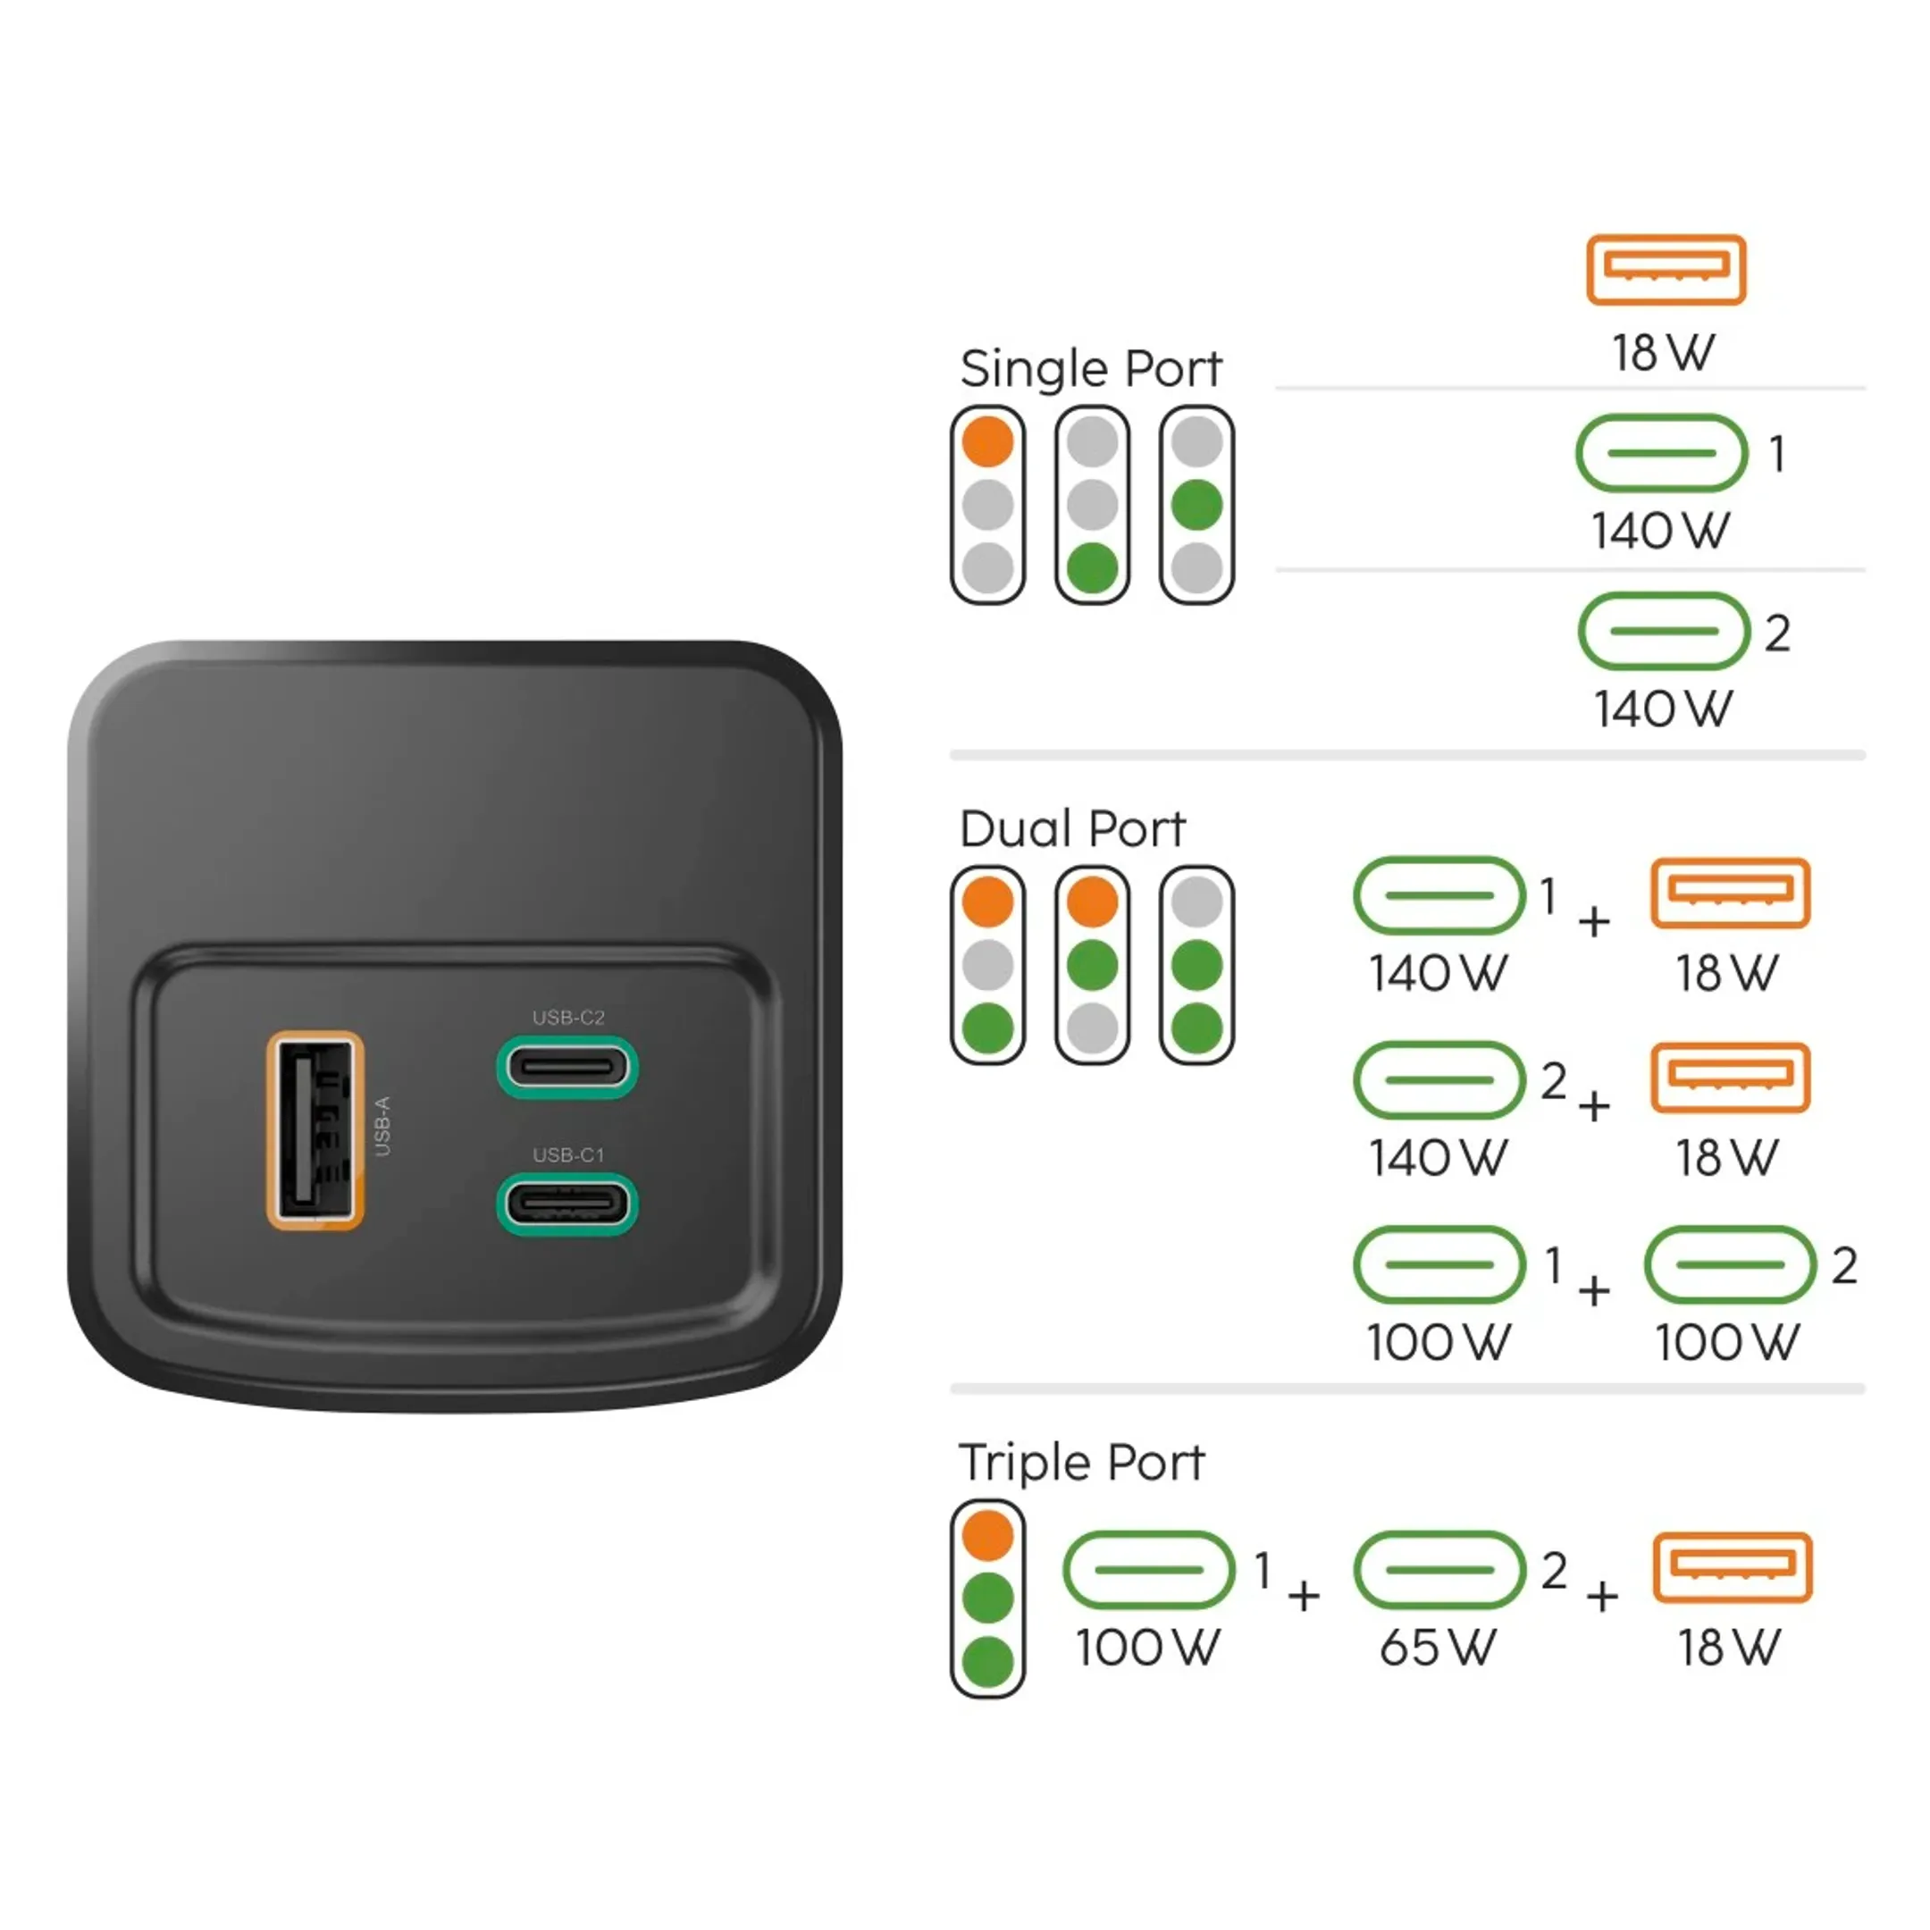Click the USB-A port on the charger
point(315,1129)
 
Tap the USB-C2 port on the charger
point(567,1067)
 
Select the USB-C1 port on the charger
point(567,1204)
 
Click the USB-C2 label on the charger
point(568,1017)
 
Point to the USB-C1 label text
point(568,1154)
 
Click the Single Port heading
point(1090,369)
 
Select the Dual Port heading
point(1072,828)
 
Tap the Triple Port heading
point(1081,1463)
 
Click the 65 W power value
point(1438,1648)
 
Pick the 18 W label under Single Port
point(1663,353)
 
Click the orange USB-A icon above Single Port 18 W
point(1666,270)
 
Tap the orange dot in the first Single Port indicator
point(988,441)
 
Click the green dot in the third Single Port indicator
point(1196,506)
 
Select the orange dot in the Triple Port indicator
point(988,1535)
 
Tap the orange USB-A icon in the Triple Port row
point(1732,1567)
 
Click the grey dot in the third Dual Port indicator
point(1196,902)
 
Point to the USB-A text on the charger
point(382,1127)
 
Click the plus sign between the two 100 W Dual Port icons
point(1594,1290)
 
